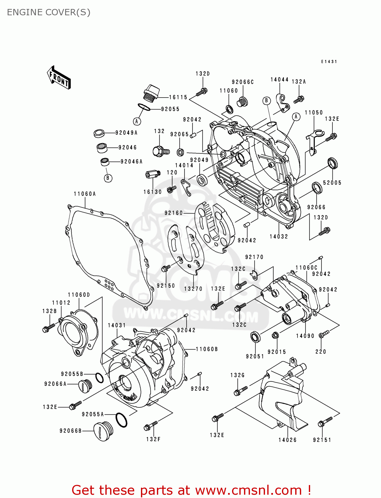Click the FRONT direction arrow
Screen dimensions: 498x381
(59, 77)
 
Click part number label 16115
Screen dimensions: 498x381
(178, 97)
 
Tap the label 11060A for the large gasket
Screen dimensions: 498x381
(85, 194)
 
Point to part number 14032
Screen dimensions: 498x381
(279, 236)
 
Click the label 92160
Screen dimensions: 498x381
(174, 213)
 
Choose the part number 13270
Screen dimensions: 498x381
(193, 289)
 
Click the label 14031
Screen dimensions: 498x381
(117, 325)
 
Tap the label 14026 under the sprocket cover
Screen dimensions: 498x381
(288, 440)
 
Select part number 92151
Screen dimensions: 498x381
(322, 440)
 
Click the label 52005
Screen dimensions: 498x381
(332, 183)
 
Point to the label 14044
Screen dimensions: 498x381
(279, 80)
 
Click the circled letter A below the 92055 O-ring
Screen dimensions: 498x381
(137, 122)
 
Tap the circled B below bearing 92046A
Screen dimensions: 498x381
(108, 178)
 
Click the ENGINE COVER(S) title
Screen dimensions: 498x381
(49, 12)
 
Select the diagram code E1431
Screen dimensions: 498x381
(329, 62)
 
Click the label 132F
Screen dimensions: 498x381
(153, 439)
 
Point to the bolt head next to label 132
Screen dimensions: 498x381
(158, 151)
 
